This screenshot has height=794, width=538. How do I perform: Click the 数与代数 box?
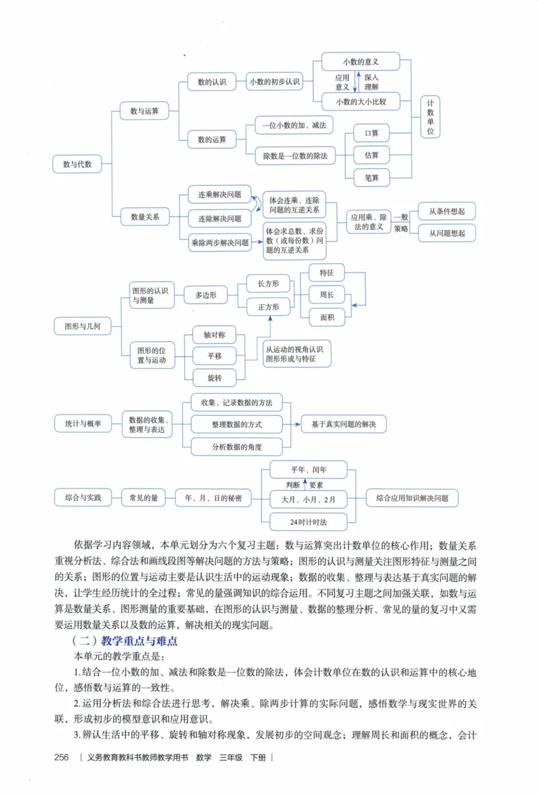tap(77, 164)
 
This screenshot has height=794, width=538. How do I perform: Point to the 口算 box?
tap(372, 133)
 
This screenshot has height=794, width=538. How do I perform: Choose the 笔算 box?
tap(372, 178)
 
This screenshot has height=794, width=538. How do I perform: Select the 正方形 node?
tap(268, 306)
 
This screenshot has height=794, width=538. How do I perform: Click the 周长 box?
tap(327, 295)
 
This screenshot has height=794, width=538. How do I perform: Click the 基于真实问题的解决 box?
tap(343, 424)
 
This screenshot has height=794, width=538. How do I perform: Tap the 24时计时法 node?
tap(309, 521)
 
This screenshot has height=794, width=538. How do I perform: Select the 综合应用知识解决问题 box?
tap(412, 498)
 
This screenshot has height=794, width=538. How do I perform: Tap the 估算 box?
tap(372, 155)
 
